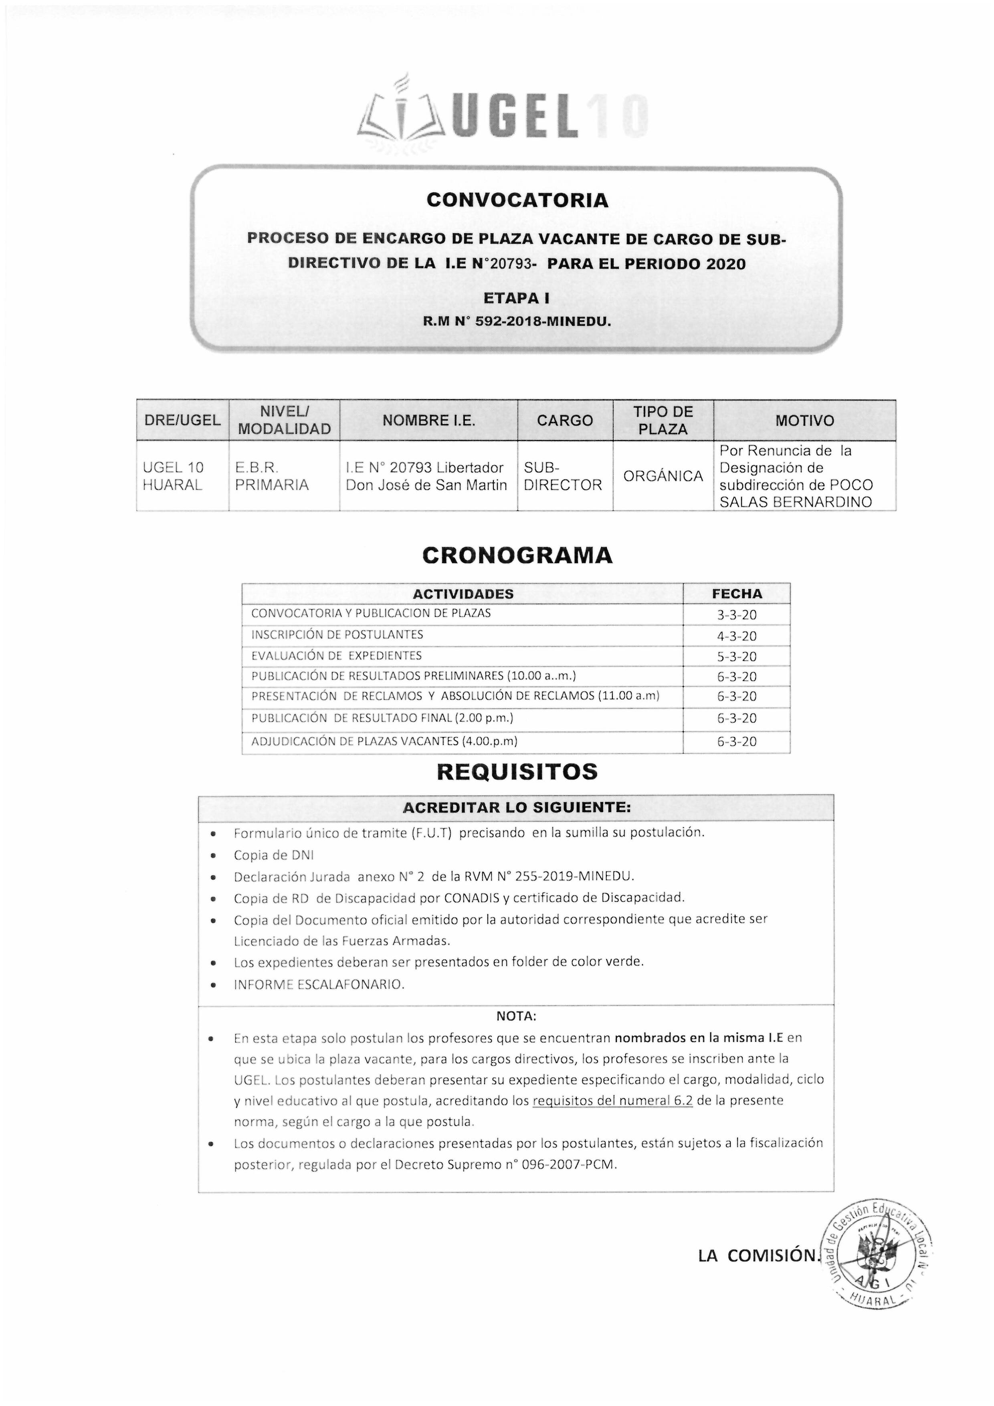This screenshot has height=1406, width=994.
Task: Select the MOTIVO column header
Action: tap(804, 421)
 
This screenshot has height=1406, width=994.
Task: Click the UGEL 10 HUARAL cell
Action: tap(173, 477)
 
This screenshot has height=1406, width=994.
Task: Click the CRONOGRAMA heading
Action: tap(517, 556)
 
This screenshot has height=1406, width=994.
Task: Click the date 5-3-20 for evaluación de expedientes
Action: tap(737, 657)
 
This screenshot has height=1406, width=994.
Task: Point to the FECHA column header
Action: tap(737, 594)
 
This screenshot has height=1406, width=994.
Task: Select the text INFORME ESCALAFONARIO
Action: tap(319, 985)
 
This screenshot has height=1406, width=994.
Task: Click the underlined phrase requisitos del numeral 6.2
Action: tap(612, 1101)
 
